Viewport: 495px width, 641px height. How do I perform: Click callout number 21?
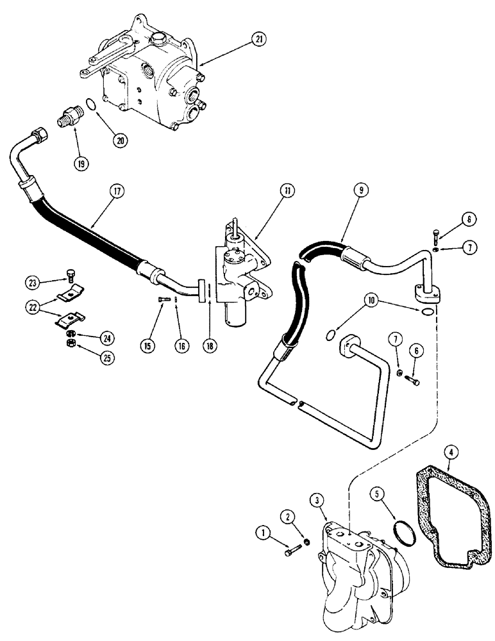pos(257,40)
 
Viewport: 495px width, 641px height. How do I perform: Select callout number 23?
pos(32,281)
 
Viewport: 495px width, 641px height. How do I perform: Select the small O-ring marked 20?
pos(92,104)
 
